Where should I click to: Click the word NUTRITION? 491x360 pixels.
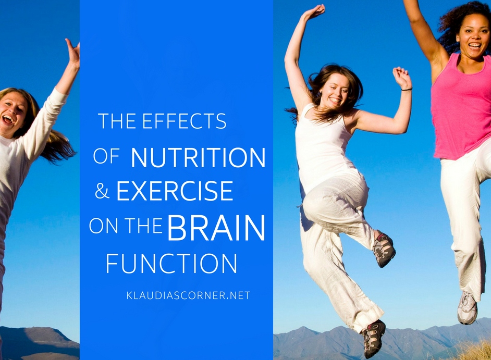pyautogui.click(x=198, y=158)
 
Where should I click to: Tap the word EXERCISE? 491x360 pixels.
pyautogui.click(x=174, y=191)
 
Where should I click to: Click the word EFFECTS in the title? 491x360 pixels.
pyautogui.click(x=184, y=121)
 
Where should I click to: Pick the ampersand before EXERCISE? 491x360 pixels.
pyautogui.click(x=102, y=192)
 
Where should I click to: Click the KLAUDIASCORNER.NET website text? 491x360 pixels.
pyautogui.click(x=188, y=295)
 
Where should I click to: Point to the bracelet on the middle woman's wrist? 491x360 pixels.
pyautogui.click(x=406, y=89)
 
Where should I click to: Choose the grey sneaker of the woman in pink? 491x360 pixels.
pyautogui.click(x=468, y=308)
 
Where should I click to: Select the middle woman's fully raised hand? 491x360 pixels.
pyautogui.click(x=315, y=12)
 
